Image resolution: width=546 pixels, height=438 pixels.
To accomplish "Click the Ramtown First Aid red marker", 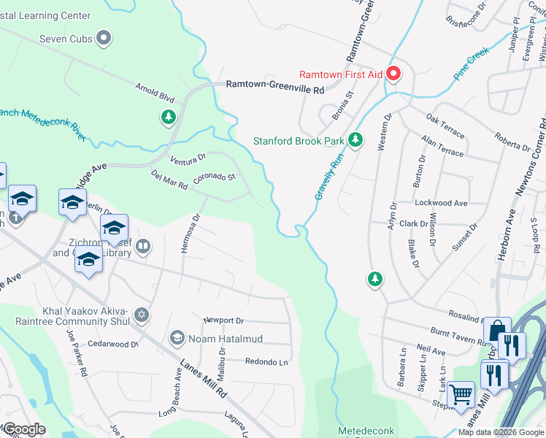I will click(393, 74).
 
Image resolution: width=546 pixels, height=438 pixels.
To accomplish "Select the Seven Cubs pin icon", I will click(103, 38).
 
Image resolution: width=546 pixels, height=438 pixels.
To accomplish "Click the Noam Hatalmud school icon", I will click(176, 338).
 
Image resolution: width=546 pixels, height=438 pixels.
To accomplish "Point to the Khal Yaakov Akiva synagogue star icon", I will click(142, 315).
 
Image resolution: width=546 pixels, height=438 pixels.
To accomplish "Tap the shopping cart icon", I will click(461, 396).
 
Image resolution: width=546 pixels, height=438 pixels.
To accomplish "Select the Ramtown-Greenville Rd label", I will click(274, 85).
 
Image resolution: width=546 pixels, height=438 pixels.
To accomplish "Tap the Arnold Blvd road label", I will click(155, 93).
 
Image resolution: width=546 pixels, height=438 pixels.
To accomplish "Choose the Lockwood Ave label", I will click(441, 203).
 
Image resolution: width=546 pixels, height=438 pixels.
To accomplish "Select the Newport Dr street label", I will click(223, 320).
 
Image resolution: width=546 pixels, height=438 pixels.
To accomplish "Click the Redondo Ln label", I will click(266, 361).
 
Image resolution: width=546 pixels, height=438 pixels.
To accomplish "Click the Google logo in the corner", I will click(24, 429).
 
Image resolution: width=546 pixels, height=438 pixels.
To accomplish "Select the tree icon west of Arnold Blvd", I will click(168, 117).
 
